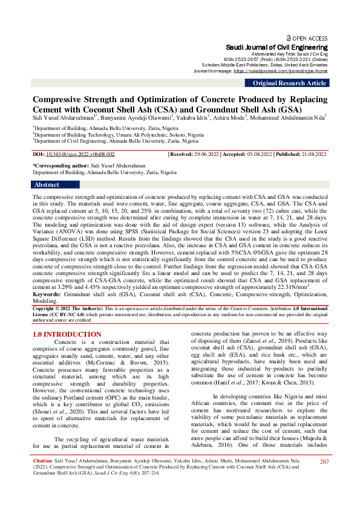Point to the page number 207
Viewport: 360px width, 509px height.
tap(324, 479)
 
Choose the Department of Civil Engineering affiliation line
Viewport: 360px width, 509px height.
tap(115, 140)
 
